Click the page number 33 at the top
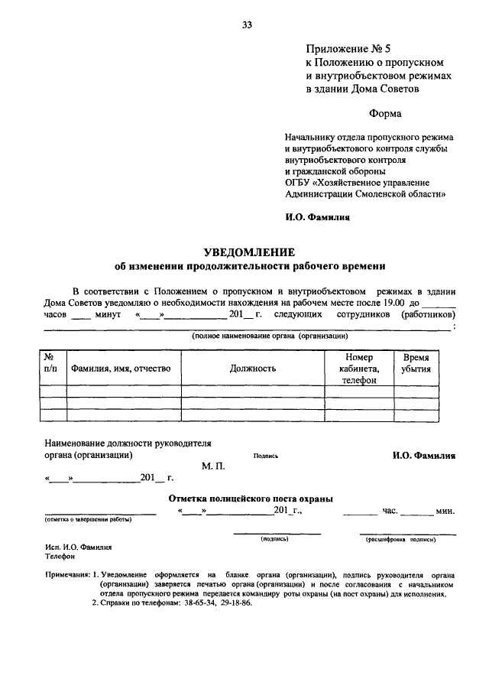click(x=247, y=25)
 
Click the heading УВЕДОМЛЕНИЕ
click(x=250, y=252)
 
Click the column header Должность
click(x=252, y=369)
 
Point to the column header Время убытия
click(x=416, y=362)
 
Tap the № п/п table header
click(x=47, y=362)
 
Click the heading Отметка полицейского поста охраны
click(x=250, y=499)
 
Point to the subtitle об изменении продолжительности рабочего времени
click(x=250, y=267)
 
